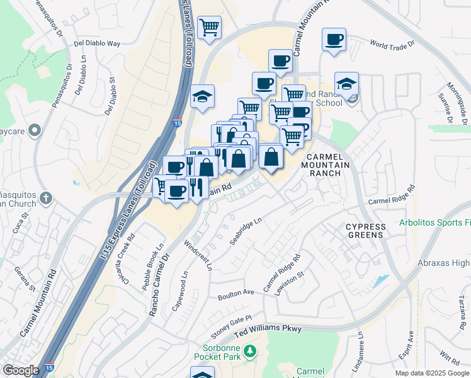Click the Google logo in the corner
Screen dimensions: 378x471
point(21,370)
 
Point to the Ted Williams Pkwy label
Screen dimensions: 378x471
point(268,329)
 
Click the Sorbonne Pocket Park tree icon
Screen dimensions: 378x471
point(250,350)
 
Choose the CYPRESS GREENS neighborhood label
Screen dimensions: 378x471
point(365,231)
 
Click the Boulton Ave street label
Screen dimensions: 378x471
point(235,294)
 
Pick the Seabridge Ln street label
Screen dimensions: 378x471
point(246,232)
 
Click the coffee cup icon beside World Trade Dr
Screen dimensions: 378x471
point(334,39)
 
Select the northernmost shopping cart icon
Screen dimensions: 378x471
point(209,27)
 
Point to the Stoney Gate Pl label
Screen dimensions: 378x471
point(231,326)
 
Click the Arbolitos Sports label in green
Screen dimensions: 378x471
point(434,223)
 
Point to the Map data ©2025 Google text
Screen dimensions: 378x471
point(432,373)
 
